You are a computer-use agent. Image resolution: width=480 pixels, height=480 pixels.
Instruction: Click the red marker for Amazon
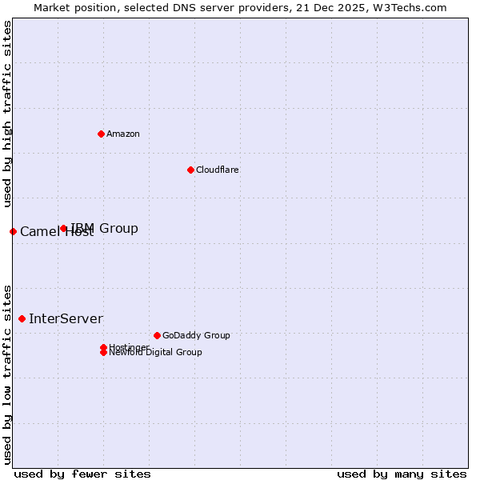[x=101, y=134]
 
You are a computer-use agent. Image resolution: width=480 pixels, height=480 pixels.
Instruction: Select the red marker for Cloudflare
[x=190, y=170]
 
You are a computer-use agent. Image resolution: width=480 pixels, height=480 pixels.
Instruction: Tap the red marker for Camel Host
[x=13, y=231]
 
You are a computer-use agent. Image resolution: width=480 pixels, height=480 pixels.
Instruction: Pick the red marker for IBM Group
[x=64, y=228]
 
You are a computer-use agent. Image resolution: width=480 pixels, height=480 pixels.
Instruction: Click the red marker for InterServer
[x=22, y=318]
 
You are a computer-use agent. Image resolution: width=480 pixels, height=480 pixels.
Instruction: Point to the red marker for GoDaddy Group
[x=157, y=335]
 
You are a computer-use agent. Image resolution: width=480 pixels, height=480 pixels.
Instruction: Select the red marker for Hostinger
[x=103, y=347]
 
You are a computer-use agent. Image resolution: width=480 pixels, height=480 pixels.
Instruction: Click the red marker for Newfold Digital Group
[x=103, y=352]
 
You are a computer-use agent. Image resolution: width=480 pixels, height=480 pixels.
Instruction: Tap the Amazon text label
[x=123, y=134]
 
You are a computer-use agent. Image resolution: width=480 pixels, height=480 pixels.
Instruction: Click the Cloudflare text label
[x=218, y=170]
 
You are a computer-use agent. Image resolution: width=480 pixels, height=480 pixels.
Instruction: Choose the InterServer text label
[x=66, y=318]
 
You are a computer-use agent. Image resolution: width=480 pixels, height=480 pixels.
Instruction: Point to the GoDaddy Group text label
[x=196, y=335]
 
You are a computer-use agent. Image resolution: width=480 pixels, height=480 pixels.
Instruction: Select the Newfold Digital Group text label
[x=155, y=353]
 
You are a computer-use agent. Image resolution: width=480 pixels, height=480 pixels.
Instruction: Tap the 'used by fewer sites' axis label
[x=82, y=474]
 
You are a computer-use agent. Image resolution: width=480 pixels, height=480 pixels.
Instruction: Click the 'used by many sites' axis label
[x=402, y=474]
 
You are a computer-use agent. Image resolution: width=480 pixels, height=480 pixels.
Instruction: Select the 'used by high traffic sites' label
[x=7, y=114]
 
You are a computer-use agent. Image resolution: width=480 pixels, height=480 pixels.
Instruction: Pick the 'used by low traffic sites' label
[x=7, y=374]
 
